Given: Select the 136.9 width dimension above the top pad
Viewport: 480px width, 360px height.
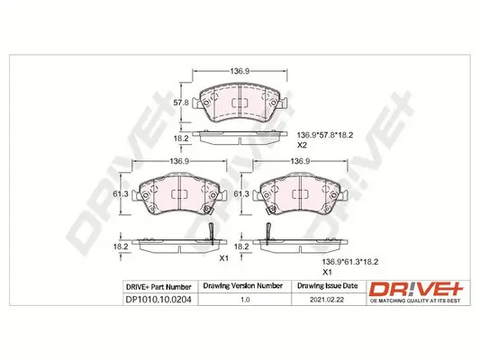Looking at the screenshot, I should pos(239,70).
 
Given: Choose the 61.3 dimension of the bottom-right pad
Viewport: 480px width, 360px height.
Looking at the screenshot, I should pos(241,193).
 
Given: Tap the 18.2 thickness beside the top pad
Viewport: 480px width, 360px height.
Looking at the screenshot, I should pos(180,139).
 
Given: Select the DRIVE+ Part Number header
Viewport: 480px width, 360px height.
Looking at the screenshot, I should pos(154,286).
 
